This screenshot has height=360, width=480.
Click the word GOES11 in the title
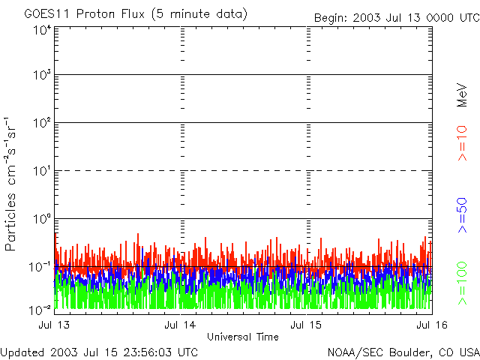pyautogui.click(x=43, y=14)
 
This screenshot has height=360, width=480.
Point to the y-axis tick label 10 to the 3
pyautogui.click(x=42, y=76)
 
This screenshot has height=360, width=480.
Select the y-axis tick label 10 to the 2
pyautogui.click(x=42, y=124)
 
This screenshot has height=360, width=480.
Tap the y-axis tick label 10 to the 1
pyautogui.click(x=42, y=172)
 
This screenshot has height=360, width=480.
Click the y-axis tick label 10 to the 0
pyautogui.click(x=42, y=220)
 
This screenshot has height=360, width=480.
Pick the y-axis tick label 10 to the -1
pyautogui.click(x=40, y=268)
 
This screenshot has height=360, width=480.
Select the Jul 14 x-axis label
pyautogui.click(x=181, y=325)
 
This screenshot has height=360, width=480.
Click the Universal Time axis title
pyautogui.click(x=243, y=337)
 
